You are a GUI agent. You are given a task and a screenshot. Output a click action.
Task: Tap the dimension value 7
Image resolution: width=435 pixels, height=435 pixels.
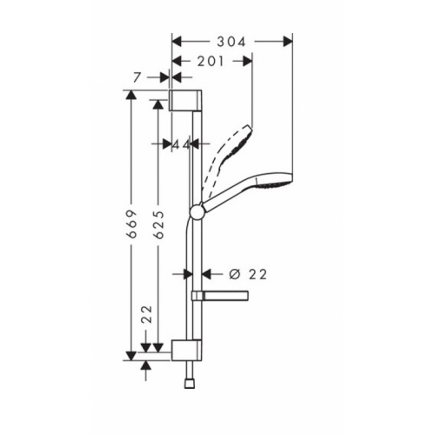pos(137,78)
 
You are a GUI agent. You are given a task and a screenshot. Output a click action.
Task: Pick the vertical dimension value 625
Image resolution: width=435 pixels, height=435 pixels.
pos(157,224)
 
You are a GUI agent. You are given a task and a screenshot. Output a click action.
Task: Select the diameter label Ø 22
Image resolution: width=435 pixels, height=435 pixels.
pos(246,273)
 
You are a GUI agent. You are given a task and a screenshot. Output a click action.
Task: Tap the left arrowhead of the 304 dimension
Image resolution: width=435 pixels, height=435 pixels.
pos(176,39)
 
